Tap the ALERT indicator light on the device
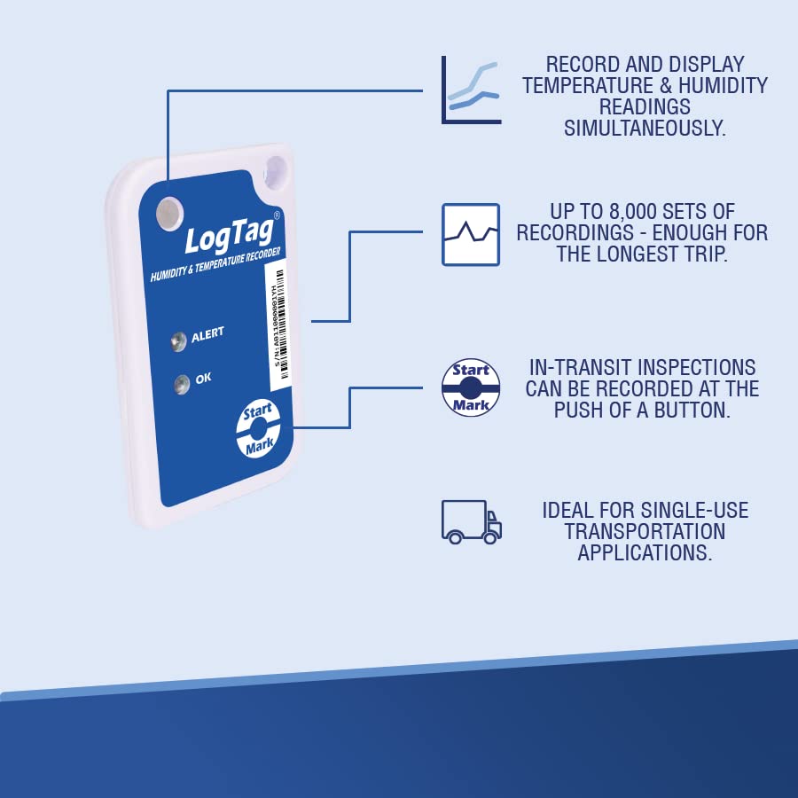(178, 339)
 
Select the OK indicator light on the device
(183, 383)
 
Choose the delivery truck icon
(471, 522)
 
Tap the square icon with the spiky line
(471, 234)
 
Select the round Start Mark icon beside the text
(471, 387)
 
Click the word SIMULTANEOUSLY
(645, 129)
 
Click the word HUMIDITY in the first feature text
(719, 86)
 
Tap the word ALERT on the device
(207, 334)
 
